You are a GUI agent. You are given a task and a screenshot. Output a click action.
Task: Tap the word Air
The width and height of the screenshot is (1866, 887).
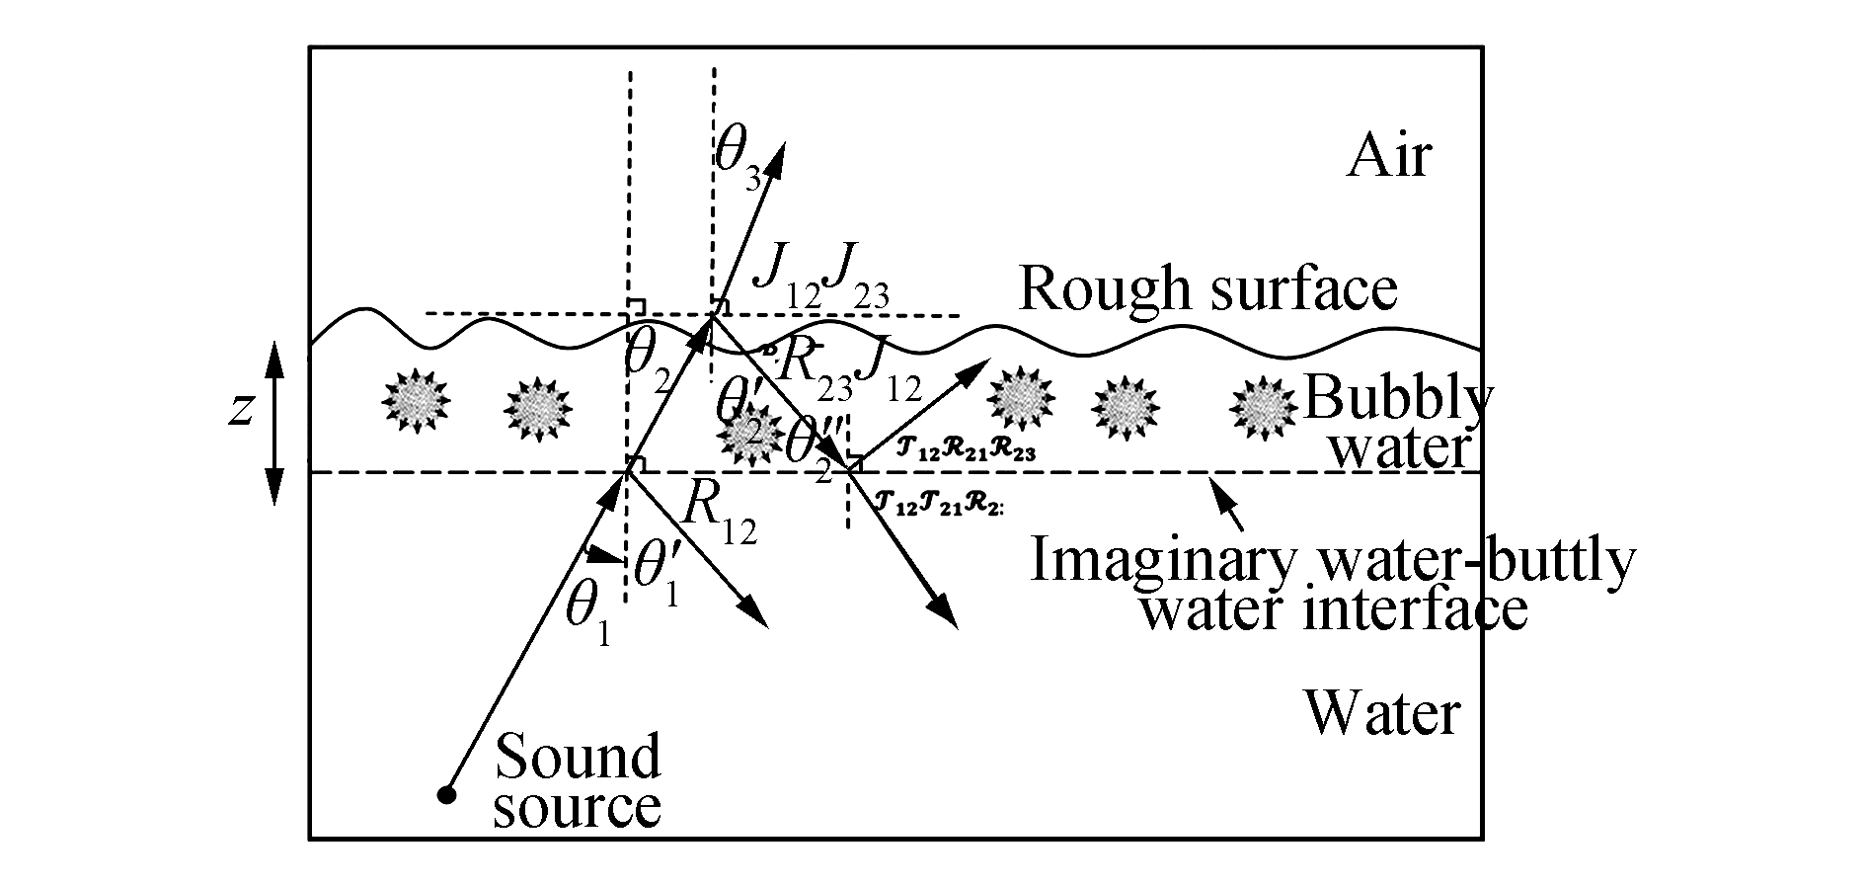pos(1388,156)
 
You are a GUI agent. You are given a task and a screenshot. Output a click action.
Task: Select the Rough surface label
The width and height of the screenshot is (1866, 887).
pos(1207,288)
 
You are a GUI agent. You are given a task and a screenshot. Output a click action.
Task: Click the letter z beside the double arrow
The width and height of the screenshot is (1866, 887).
pos(240,408)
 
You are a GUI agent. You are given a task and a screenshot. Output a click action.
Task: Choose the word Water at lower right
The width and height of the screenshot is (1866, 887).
pos(1381,713)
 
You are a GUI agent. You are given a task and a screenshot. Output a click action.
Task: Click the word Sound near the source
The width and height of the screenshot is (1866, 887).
pos(577,758)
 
